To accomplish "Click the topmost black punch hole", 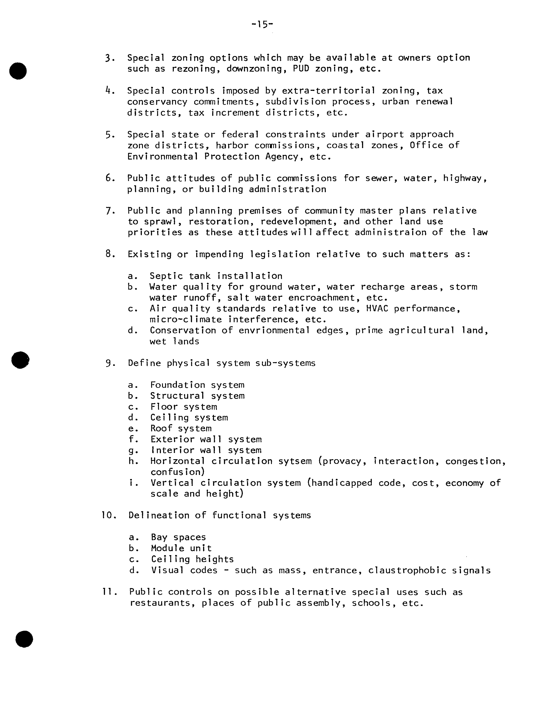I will (18, 71).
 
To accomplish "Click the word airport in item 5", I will (384, 134).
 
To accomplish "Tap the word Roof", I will (161, 428).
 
